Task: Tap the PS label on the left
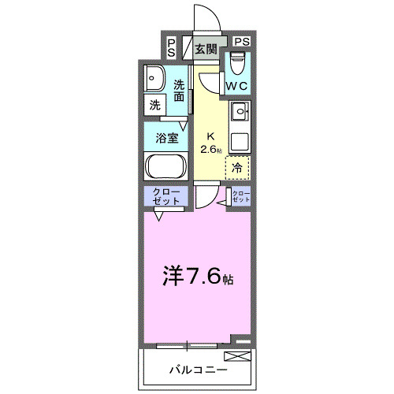tap(172, 47)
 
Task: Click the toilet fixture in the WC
tap(238, 63)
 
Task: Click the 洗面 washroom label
tap(180, 91)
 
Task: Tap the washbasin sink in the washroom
tap(154, 79)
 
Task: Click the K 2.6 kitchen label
tap(210, 143)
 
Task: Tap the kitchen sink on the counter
tap(240, 111)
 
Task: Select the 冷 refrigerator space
tap(236, 166)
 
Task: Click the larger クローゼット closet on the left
tap(164, 197)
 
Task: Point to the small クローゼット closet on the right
tap(240, 197)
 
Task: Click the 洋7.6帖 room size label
tap(198, 277)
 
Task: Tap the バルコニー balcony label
tap(198, 370)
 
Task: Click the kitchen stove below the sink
tap(240, 140)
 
